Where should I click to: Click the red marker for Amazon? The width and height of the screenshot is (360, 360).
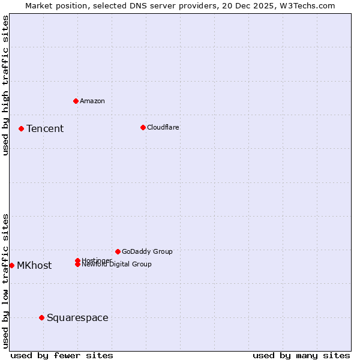pyautogui.click(x=76, y=101)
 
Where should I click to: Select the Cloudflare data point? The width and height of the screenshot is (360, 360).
pyautogui.click(x=143, y=127)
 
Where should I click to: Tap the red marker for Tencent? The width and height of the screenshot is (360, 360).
pyautogui.click(x=21, y=128)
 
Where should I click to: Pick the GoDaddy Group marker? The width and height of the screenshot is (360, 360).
pyautogui.click(x=118, y=251)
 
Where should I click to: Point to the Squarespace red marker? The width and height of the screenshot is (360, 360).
pyautogui.click(x=41, y=317)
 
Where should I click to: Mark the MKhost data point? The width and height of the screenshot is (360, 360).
pyautogui.click(x=11, y=265)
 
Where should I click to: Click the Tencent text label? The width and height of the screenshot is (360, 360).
pyautogui.click(x=45, y=129)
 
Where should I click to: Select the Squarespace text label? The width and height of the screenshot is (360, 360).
pyautogui.click(x=77, y=318)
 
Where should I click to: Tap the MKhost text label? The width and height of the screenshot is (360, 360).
pyautogui.click(x=34, y=266)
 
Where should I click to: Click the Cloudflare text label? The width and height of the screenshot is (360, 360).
pyautogui.click(x=163, y=127)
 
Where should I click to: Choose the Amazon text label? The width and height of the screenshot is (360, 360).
pyautogui.click(x=92, y=101)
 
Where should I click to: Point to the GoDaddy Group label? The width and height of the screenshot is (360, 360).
pyautogui.click(x=147, y=252)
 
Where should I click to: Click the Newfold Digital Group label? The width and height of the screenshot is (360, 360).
pyautogui.click(x=117, y=265)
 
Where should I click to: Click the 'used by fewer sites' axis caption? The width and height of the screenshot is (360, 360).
pyautogui.click(x=62, y=356)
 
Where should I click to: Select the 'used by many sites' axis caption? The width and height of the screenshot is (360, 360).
pyautogui.click(x=301, y=356)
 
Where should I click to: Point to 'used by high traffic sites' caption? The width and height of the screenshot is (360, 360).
pyautogui.click(x=6, y=86)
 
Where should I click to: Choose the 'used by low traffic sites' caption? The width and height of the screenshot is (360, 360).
pyautogui.click(x=6, y=281)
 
